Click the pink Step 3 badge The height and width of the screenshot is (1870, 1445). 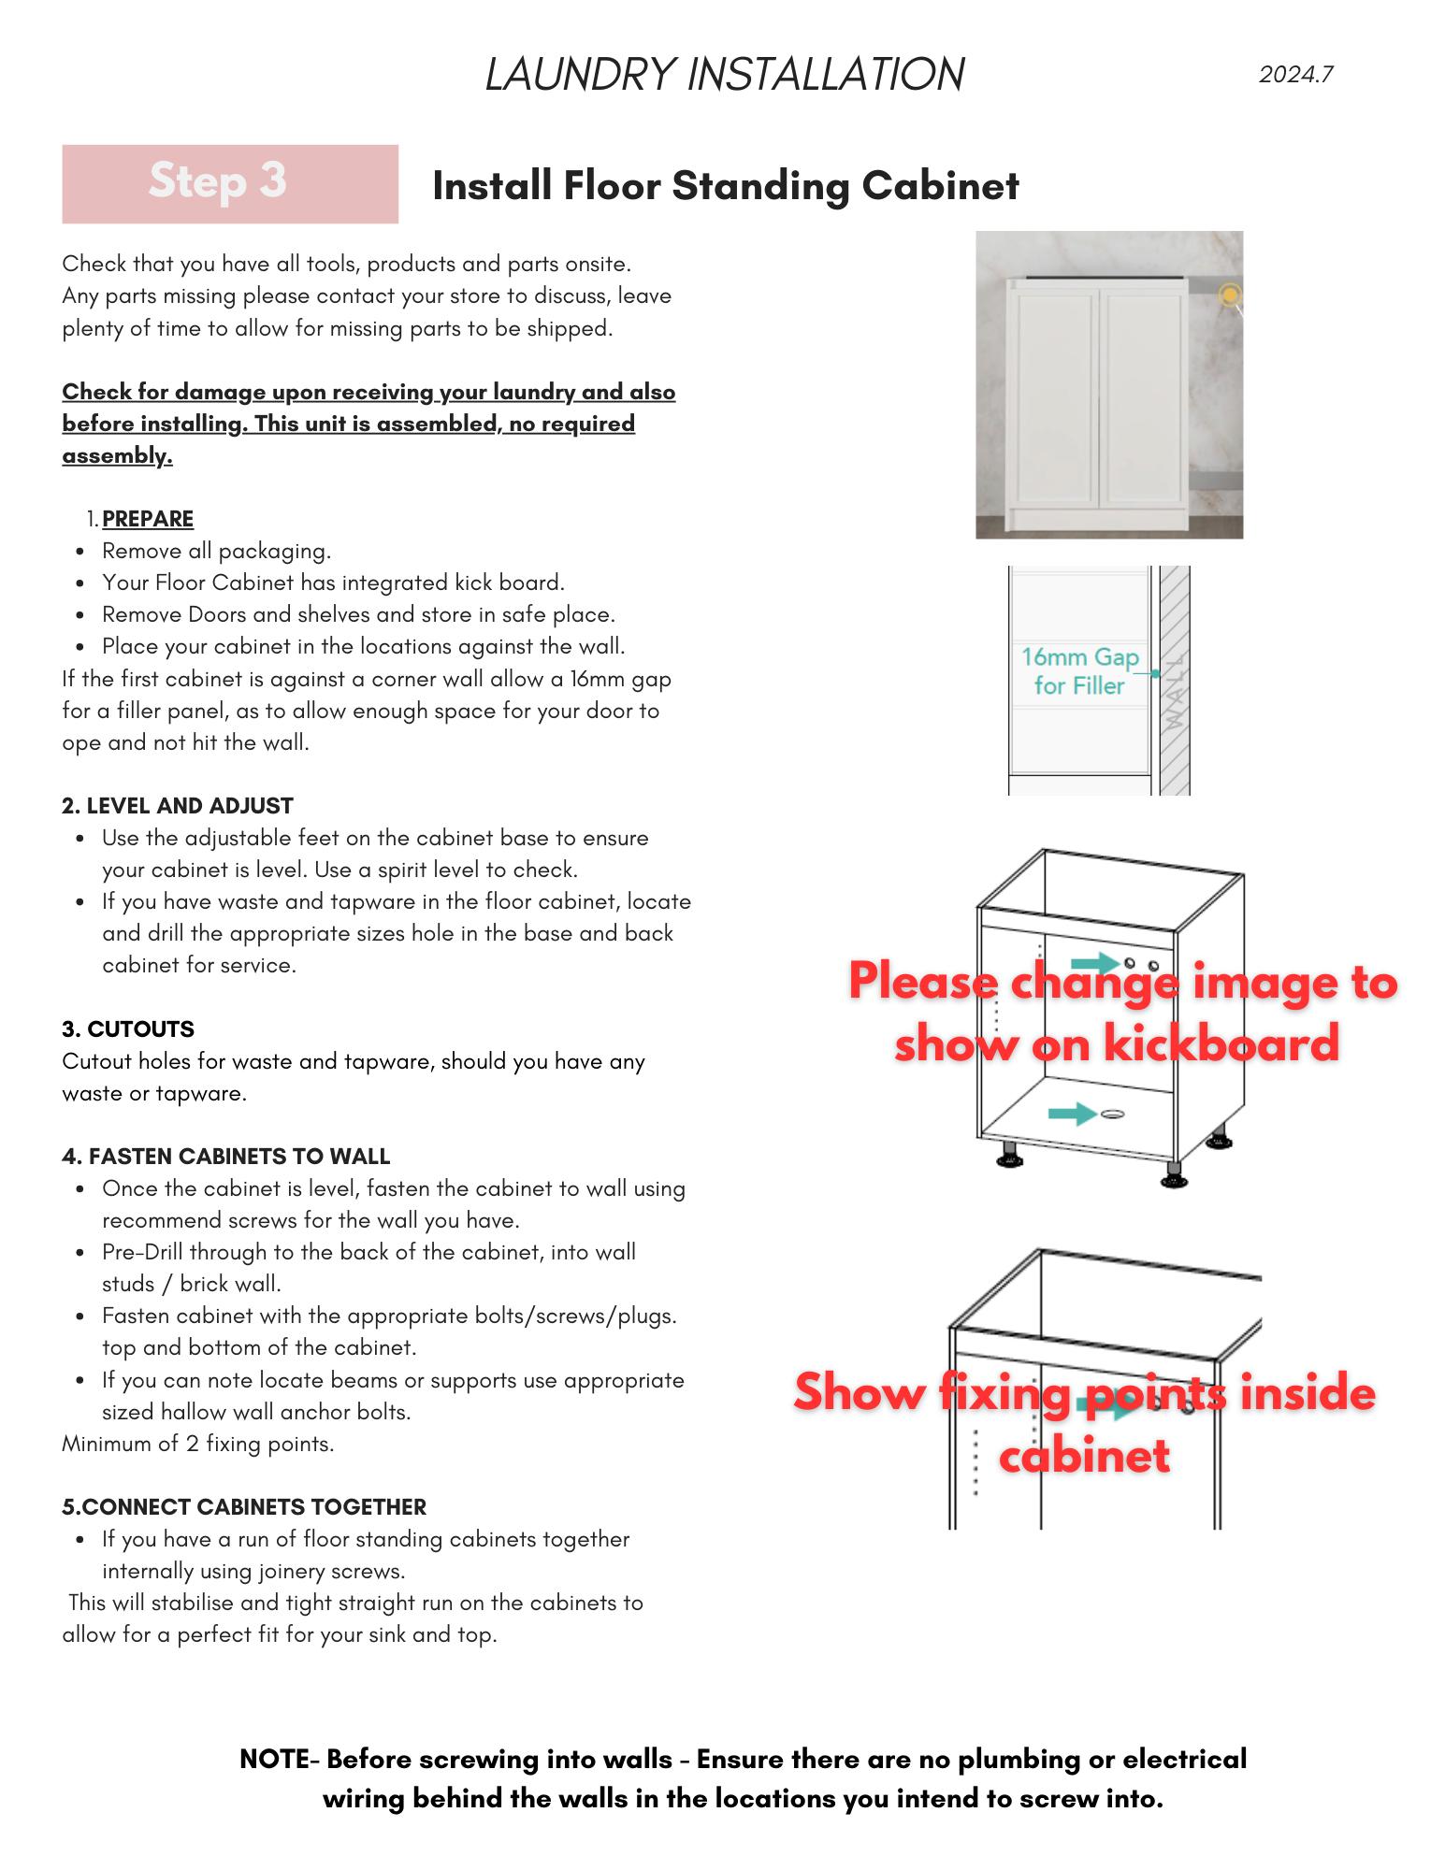click(229, 183)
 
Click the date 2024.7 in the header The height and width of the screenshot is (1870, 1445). click(1295, 75)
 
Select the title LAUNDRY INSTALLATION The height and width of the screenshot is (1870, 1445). click(725, 75)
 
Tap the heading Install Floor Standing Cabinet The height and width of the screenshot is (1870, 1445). click(725, 185)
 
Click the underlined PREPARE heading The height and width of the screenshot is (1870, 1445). click(148, 519)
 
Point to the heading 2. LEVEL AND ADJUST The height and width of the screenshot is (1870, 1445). click(178, 806)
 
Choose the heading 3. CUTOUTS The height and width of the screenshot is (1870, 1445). click(128, 1029)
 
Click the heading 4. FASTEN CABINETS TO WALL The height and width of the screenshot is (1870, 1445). click(226, 1157)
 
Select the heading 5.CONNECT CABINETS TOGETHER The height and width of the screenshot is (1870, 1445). click(244, 1507)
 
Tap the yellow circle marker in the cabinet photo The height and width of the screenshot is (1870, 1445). click(1230, 295)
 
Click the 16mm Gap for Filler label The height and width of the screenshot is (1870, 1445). click(1079, 671)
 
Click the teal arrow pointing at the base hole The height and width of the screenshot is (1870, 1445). click(1072, 1114)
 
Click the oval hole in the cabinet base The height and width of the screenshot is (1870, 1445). click(1112, 1114)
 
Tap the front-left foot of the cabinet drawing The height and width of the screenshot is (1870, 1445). click(1010, 1157)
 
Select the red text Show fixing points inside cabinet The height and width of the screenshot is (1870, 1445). click(1085, 1423)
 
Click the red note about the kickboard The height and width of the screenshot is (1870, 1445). click(1122, 1012)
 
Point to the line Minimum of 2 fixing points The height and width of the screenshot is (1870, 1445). click(198, 1444)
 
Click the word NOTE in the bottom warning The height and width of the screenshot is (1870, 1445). click(273, 1759)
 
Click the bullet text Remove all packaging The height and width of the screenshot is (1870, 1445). click(217, 551)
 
